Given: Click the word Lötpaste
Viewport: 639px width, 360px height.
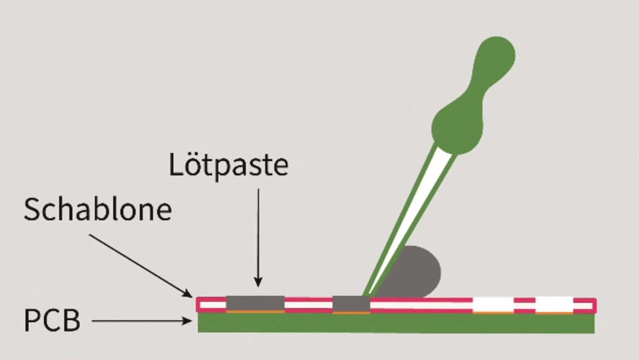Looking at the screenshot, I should pos(228,165).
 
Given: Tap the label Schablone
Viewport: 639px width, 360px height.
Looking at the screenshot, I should pos(98,209).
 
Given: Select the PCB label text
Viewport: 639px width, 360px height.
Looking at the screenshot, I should pos(52,321).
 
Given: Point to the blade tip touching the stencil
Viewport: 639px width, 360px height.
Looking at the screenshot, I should pos(367,295).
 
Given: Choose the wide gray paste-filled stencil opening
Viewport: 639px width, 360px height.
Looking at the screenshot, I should pos(255,303).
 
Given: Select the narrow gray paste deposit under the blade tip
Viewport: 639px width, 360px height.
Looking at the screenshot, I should pos(351,304).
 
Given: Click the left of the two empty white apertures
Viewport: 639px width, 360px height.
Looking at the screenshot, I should pos(493,304).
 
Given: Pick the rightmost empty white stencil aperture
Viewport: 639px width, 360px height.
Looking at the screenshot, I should pos(554,304).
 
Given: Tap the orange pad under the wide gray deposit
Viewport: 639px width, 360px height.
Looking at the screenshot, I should pos(255,312).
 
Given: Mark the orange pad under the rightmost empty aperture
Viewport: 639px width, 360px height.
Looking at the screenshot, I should pos(554,313).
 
